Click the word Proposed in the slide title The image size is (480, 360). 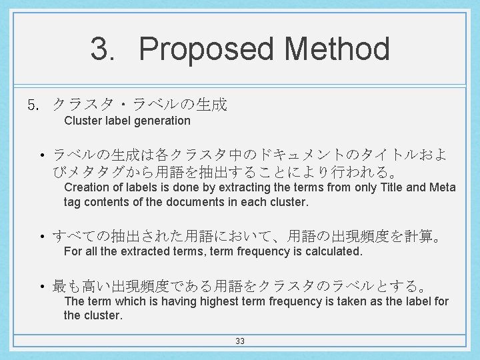[207, 50]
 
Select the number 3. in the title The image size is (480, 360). [105, 50]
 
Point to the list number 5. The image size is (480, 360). [34, 105]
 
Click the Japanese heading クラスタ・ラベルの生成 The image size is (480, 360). [140, 105]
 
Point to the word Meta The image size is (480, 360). [442, 187]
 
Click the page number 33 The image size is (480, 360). [240, 341]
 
